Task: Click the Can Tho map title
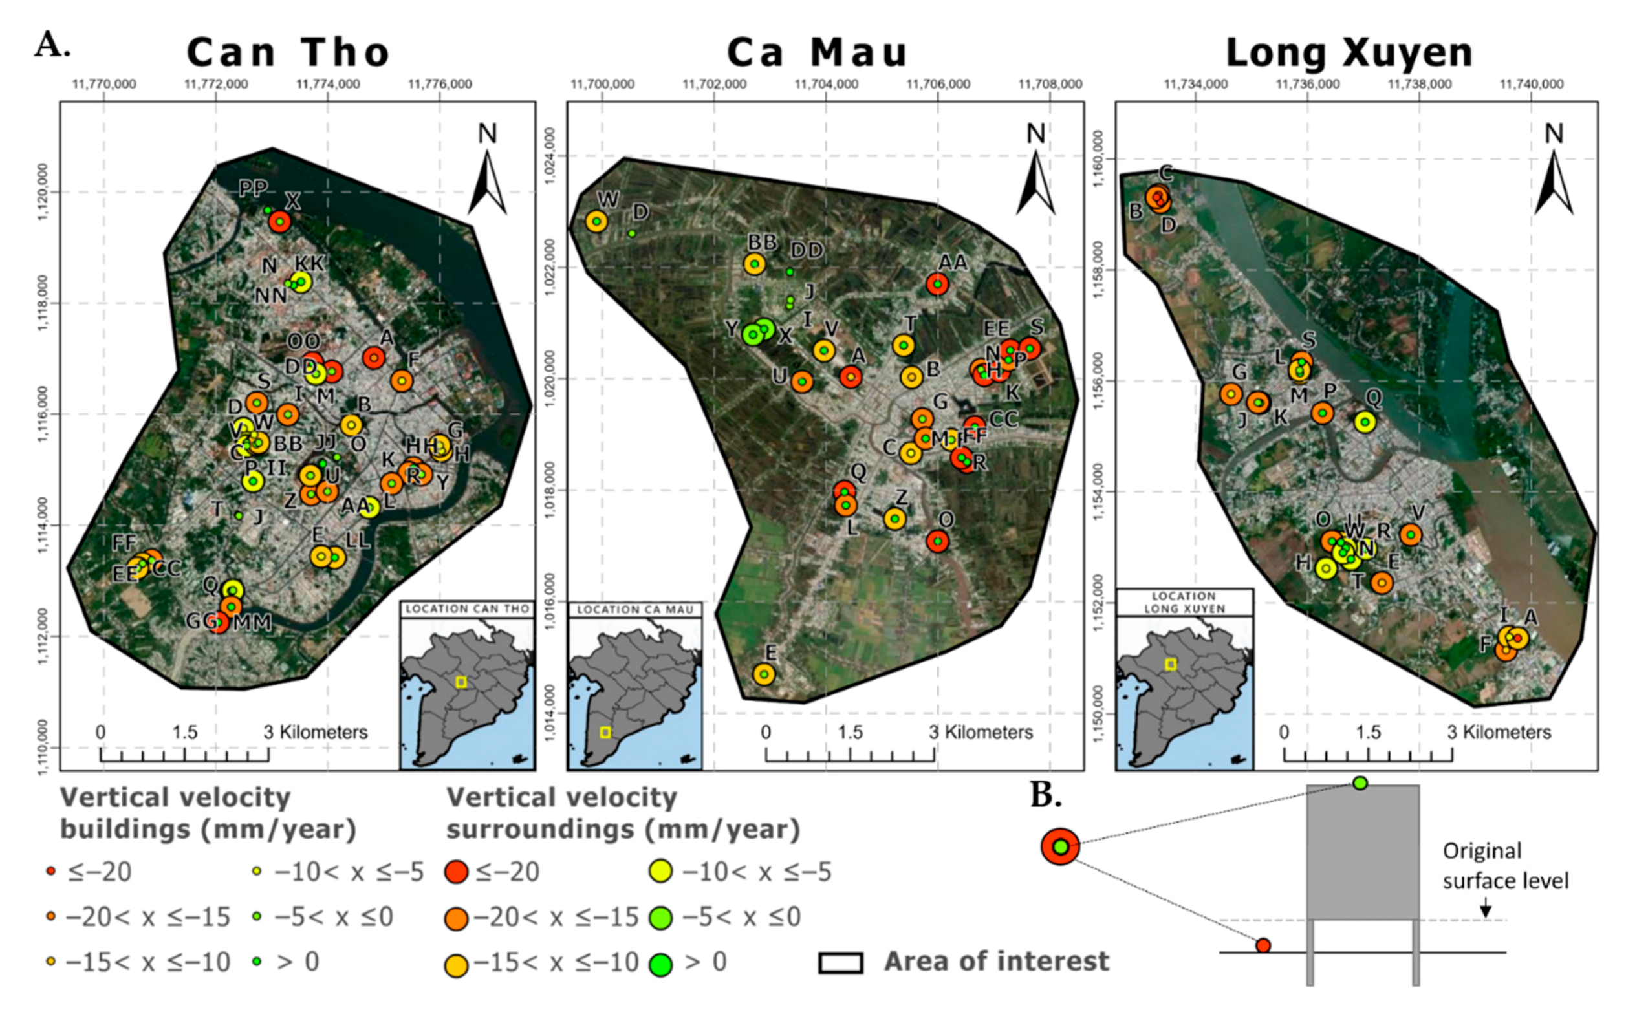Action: [288, 52]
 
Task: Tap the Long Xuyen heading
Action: [1349, 52]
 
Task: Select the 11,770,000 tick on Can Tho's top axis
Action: [103, 84]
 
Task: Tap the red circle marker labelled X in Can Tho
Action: [280, 222]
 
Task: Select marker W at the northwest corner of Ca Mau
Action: [596, 221]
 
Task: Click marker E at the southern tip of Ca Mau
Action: [764, 674]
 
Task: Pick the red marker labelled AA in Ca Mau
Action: [938, 285]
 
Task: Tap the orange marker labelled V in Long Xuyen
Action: [1411, 534]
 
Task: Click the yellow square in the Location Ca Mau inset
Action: [605, 732]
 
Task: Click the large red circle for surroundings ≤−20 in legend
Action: [457, 872]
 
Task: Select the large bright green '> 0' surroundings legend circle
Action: [661, 964]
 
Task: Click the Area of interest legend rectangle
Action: [840, 962]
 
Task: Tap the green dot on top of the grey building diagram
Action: [1360, 783]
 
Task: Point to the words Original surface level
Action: [1505, 866]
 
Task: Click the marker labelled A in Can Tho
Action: [374, 358]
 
